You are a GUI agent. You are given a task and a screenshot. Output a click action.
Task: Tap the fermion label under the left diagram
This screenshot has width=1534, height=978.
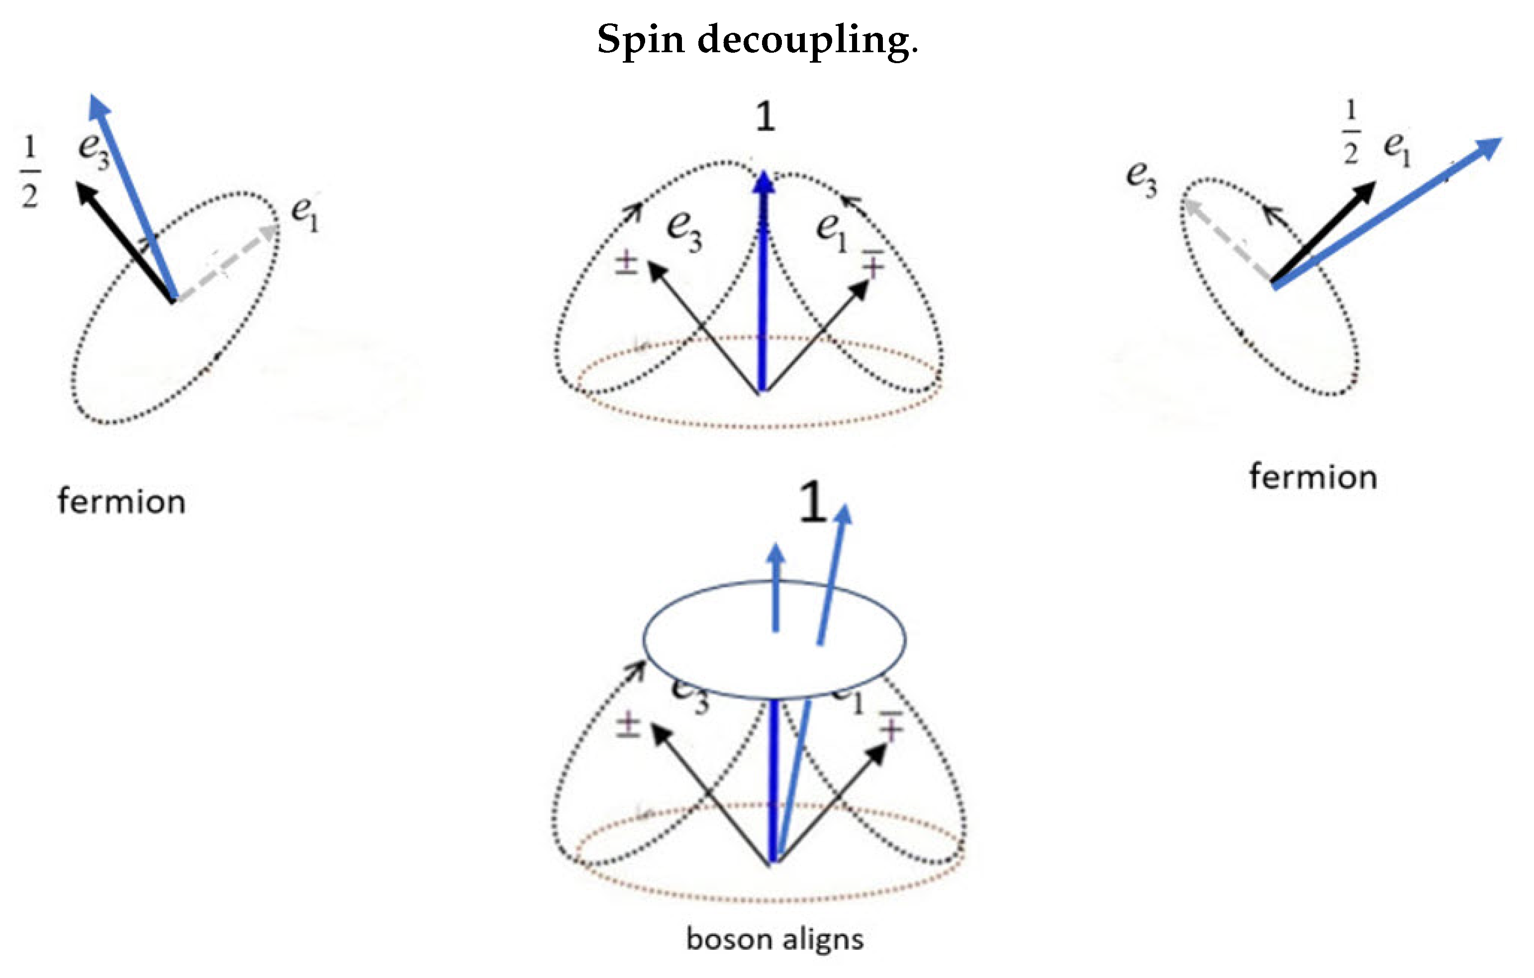pos(122,502)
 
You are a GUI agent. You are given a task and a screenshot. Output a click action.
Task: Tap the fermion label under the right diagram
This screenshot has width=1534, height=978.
pos(1313,477)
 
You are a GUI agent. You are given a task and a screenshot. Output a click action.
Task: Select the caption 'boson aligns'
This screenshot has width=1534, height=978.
pos(774,939)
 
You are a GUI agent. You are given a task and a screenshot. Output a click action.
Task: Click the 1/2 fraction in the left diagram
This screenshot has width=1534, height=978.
pos(30,172)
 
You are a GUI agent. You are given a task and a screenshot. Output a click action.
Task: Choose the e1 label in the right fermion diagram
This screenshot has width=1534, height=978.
pos(1398,149)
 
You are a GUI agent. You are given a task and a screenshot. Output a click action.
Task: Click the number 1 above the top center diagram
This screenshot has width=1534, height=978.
pos(765,118)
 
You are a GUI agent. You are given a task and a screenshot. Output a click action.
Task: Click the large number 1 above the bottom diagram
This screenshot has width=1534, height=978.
pos(812,503)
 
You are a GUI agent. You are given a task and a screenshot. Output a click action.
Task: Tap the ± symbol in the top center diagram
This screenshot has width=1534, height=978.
pos(626,263)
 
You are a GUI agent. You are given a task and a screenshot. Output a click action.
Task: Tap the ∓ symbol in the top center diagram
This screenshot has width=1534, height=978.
pos(873,263)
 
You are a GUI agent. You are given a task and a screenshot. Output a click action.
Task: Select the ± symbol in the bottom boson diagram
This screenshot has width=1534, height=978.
pos(628,725)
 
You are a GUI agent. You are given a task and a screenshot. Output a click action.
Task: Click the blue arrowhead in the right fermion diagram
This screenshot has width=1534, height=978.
pos(1489,147)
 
